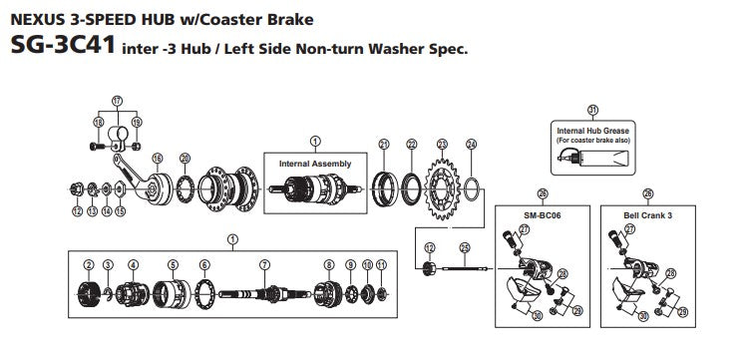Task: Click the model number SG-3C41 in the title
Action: (63, 45)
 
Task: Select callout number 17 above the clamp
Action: (117, 101)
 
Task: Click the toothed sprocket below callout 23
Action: (443, 188)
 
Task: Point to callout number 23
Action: (443, 144)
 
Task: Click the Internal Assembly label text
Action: (315, 164)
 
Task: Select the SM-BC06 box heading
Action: (542, 215)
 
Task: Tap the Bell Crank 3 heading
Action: (647, 215)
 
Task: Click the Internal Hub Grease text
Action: (592, 131)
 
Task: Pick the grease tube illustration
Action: (593, 158)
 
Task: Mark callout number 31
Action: (592, 111)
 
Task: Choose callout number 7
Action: (264, 265)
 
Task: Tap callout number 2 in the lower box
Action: (89, 265)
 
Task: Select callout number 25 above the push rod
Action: (465, 247)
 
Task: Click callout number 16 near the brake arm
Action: (157, 159)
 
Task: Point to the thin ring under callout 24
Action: (471, 189)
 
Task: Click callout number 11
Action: (381, 265)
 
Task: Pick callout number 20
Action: (186, 159)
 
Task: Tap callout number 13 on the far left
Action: (93, 211)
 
